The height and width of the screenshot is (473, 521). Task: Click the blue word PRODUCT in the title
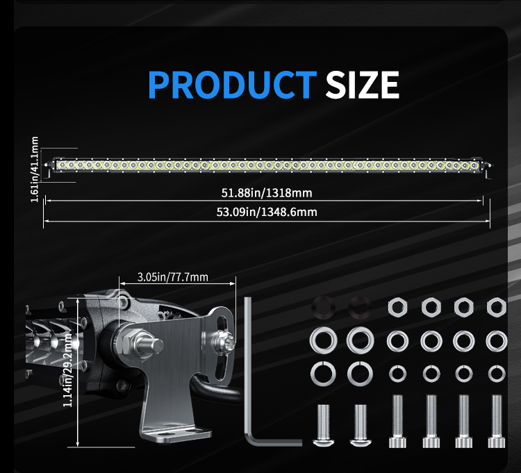(x=232, y=85)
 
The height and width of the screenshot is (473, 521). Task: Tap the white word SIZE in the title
(x=362, y=85)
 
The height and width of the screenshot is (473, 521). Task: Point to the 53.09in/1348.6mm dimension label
(x=266, y=212)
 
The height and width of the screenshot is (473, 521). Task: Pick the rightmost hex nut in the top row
(x=496, y=306)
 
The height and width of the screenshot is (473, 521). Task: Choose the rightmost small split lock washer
(x=496, y=373)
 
